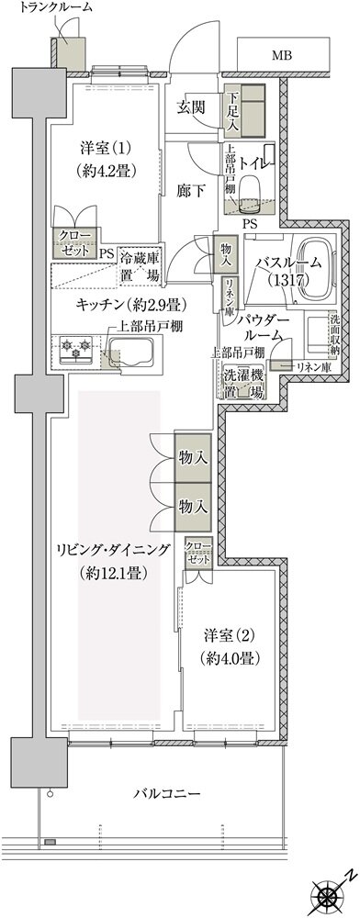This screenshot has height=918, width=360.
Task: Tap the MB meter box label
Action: (283, 55)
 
